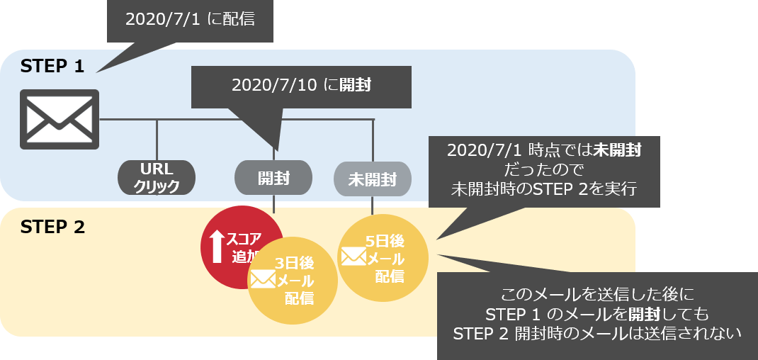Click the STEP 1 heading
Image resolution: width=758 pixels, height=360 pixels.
(x=52, y=67)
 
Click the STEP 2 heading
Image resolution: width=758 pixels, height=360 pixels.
(x=52, y=227)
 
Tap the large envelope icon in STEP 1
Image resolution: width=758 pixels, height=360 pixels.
(x=60, y=119)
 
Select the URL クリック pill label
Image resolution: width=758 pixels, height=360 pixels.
(x=157, y=177)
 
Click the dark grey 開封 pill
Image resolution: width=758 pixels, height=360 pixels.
(x=273, y=178)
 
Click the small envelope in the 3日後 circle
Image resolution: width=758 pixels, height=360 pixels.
(x=262, y=280)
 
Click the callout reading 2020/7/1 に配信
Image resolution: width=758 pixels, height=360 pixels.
(x=189, y=19)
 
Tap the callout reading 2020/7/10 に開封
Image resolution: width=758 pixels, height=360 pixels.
(x=301, y=86)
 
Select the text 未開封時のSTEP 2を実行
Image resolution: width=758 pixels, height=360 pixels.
(x=543, y=190)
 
